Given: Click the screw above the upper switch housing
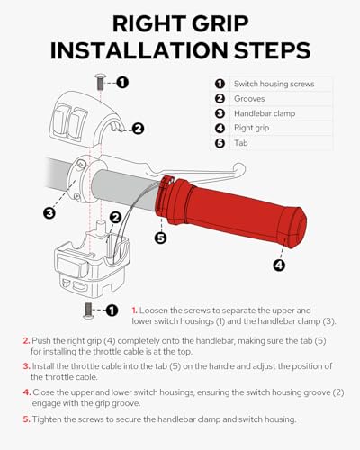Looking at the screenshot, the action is (101, 82).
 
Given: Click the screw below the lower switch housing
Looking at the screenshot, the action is (88, 310).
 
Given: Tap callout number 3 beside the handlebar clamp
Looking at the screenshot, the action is (49, 213).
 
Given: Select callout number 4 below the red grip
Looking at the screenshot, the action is (279, 265).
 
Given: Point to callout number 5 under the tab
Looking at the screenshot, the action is (161, 238).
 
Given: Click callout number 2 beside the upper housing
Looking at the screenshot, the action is (138, 129).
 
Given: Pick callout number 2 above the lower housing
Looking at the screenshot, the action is (116, 218).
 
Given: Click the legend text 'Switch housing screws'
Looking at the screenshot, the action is (274, 84).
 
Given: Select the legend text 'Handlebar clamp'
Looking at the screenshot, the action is (265, 113).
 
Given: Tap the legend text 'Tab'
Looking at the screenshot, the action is (241, 143).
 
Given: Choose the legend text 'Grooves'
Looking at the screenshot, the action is (249, 99).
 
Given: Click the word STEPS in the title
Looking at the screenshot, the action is (272, 50).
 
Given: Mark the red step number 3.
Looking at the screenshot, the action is (27, 366).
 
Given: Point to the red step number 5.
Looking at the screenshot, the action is (27, 419).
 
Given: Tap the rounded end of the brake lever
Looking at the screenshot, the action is (239, 170).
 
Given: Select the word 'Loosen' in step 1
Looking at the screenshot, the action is (154, 310).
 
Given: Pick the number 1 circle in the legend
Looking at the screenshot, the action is (220, 84).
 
